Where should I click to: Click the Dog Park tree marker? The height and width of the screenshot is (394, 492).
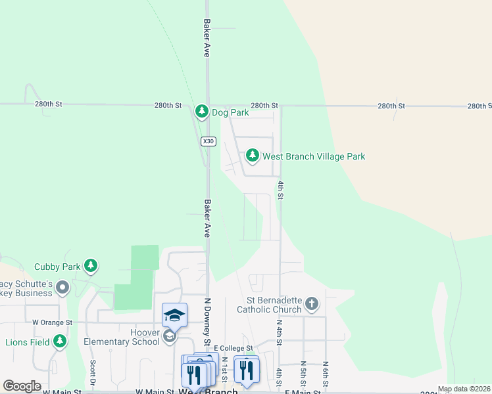pyautogui.click(x=202, y=112)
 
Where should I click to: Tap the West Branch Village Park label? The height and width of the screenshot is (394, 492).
pyautogui.click(x=314, y=157)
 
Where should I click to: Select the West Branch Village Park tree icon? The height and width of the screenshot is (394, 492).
pyautogui.click(x=252, y=156)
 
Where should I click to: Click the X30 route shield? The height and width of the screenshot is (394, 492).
pyautogui.click(x=208, y=141)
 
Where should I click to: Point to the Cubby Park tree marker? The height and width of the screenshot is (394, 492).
pyautogui.click(x=91, y=266)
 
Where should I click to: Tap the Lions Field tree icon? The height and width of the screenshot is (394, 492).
pyautogui.click(x=60, y=341)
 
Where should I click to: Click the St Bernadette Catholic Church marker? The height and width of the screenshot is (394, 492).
pyautogui.click(x=312, y=304)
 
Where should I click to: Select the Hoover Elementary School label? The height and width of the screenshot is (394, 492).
pyautogui.click(x=122, y=337)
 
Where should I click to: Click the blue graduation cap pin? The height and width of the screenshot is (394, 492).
pyautogui.click(x=174, y=315)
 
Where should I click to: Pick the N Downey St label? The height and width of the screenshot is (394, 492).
pyautogui.click(x=206, y=322)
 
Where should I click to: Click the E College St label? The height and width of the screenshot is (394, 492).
pyautogui.click(x=234, y=348)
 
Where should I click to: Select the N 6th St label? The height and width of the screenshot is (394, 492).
pyautogui.click(x=325, y=373)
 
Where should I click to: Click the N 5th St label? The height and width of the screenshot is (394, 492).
pyautogui.click(x=303, y=373)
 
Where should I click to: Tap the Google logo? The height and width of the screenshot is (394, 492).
pyautogui.click(x=22, y=386)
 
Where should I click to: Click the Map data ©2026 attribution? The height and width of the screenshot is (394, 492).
pyautogui.click(x=464, y=389)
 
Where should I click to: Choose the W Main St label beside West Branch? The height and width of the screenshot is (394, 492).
pyautogui.click(x=155, y=392)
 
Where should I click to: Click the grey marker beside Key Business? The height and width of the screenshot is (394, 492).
pyautogui.click(x=63, y=288)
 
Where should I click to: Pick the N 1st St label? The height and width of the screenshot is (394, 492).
pyautogui.click(x=224, y=370)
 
